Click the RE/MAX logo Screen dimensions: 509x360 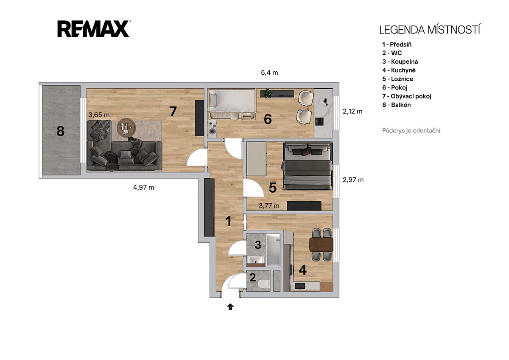[x=93, y=28]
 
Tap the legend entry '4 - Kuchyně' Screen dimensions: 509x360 [x=399, y=70]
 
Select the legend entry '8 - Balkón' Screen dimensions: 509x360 [x=397, y=105]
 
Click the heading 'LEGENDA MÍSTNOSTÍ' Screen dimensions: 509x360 [x=429, y=30]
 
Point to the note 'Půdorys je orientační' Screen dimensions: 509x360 [x=411, y=131]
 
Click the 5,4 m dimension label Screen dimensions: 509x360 [x=269, y=73]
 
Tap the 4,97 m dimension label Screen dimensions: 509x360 [x=144, y=187]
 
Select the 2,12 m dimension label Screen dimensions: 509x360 [x=352, y=111]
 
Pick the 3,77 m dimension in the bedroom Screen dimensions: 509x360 [x=269, y=206]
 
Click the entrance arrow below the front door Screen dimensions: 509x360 [x=230, y=307]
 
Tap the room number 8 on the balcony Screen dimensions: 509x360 [x=60, y=131]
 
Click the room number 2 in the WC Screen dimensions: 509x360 [x=253, y=278]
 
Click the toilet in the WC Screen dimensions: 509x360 [x=264, y=284]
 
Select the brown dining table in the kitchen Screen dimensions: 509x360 [x=322, y=245]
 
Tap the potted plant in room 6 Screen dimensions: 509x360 [x=268, y=93]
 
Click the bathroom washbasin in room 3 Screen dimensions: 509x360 [x=256, y=259]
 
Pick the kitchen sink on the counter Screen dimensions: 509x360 [x=300, y=285]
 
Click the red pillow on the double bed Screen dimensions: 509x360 [x=306, y=151]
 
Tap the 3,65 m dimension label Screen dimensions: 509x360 [x=99, y=115]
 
